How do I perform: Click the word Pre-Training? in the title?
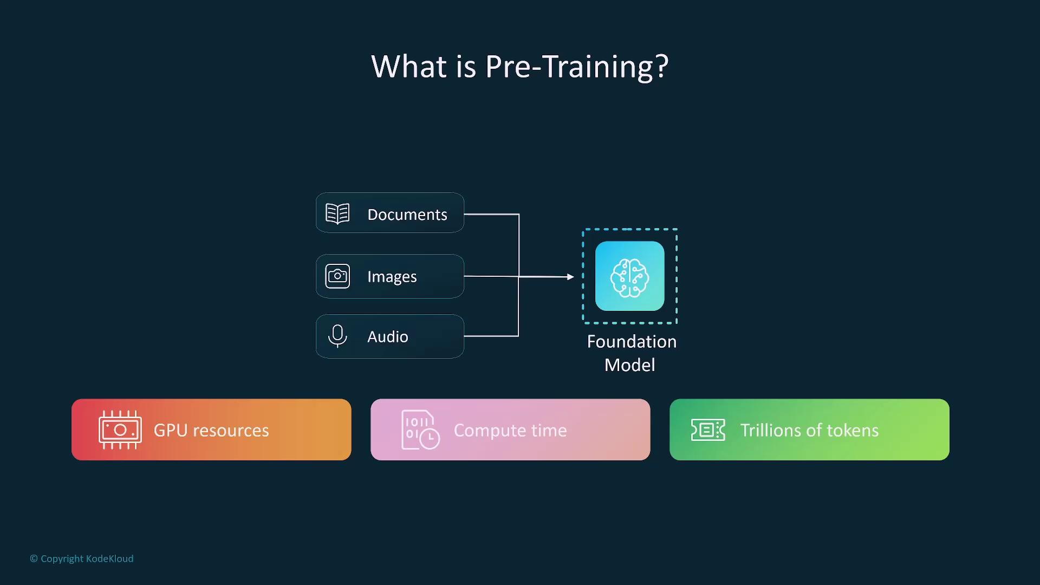[577, 67]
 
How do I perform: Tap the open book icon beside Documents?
[337, 213]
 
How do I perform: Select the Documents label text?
[407, 214]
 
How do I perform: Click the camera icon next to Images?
[337, 276]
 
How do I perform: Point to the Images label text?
[392, 277]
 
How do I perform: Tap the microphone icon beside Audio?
[337, 336]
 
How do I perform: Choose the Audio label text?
[388, 337]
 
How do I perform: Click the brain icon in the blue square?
[629, 277]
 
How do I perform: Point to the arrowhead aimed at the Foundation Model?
[570, 277]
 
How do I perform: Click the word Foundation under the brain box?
[632, 342]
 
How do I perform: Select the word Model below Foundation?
[629, 365]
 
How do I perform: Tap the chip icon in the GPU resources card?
[120, 430]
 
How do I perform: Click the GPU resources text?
[211, 430]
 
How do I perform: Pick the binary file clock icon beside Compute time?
[420, 430]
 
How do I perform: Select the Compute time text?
[510, 430]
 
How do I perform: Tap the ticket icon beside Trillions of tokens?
[708, 430]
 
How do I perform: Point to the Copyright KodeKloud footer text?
[82, 558]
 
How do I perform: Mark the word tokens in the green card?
[853, 430]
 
